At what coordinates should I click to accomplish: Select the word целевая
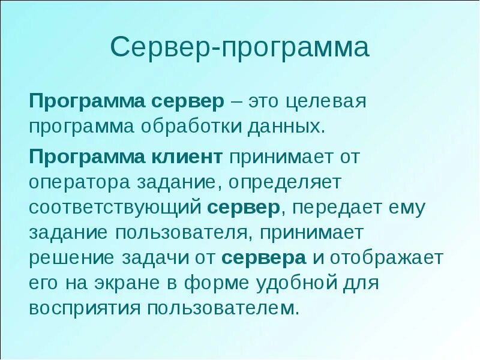(325, 100)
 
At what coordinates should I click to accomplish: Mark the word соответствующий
(115, 208)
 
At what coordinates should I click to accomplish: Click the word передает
(337, 208)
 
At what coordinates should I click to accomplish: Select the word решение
(71, 258)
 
